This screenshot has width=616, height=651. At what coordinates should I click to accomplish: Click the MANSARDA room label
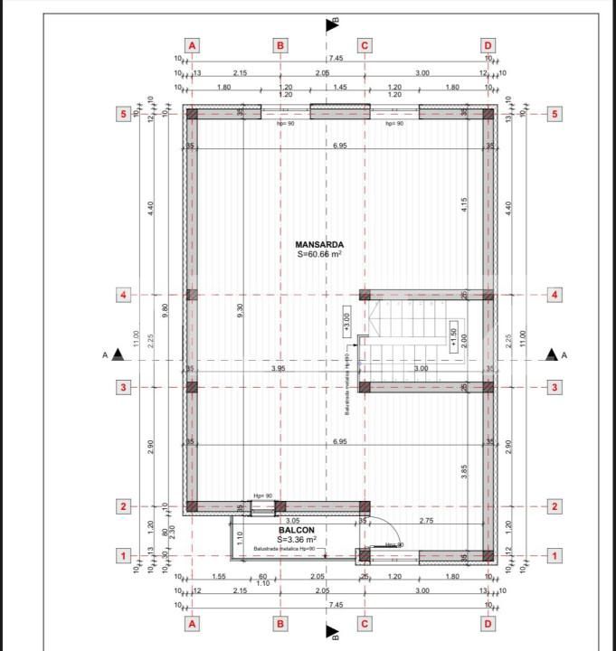coord(318,244)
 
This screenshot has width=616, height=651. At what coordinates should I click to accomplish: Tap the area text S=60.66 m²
coord(318,256)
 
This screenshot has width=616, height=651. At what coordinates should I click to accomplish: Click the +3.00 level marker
coord(346,320)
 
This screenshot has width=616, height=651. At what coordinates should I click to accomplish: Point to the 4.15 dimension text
coord(463,204)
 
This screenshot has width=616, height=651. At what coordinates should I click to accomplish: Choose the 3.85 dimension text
coord(463,471)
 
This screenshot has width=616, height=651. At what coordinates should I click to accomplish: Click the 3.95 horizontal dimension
coord(279,369)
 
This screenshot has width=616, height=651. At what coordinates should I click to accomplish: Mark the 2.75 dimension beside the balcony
coord(427,522)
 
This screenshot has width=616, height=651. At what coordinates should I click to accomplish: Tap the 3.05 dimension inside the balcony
coord(292,521)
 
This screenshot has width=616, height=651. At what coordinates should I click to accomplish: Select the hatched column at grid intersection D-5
coord(488,114)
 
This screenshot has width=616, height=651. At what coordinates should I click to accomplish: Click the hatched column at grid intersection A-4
coord(191,295)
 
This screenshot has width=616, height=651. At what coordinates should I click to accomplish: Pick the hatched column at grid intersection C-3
coord(364,387)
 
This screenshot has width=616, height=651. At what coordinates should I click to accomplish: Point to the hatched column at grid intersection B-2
coord(280,506)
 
